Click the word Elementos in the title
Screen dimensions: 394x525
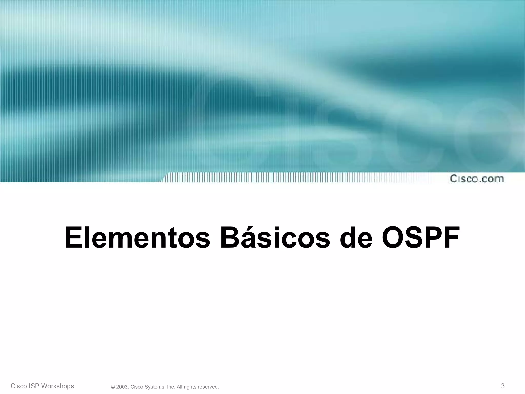click(x=137, y=238)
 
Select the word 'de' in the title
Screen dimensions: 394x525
click(x=356, y=238)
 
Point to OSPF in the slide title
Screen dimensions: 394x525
click(x=421, y=238)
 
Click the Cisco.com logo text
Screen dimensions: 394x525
click(x=477, y=179)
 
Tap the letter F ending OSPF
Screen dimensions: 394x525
click(x=450, y=238)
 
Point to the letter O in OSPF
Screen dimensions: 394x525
click(x=393, y=238)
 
